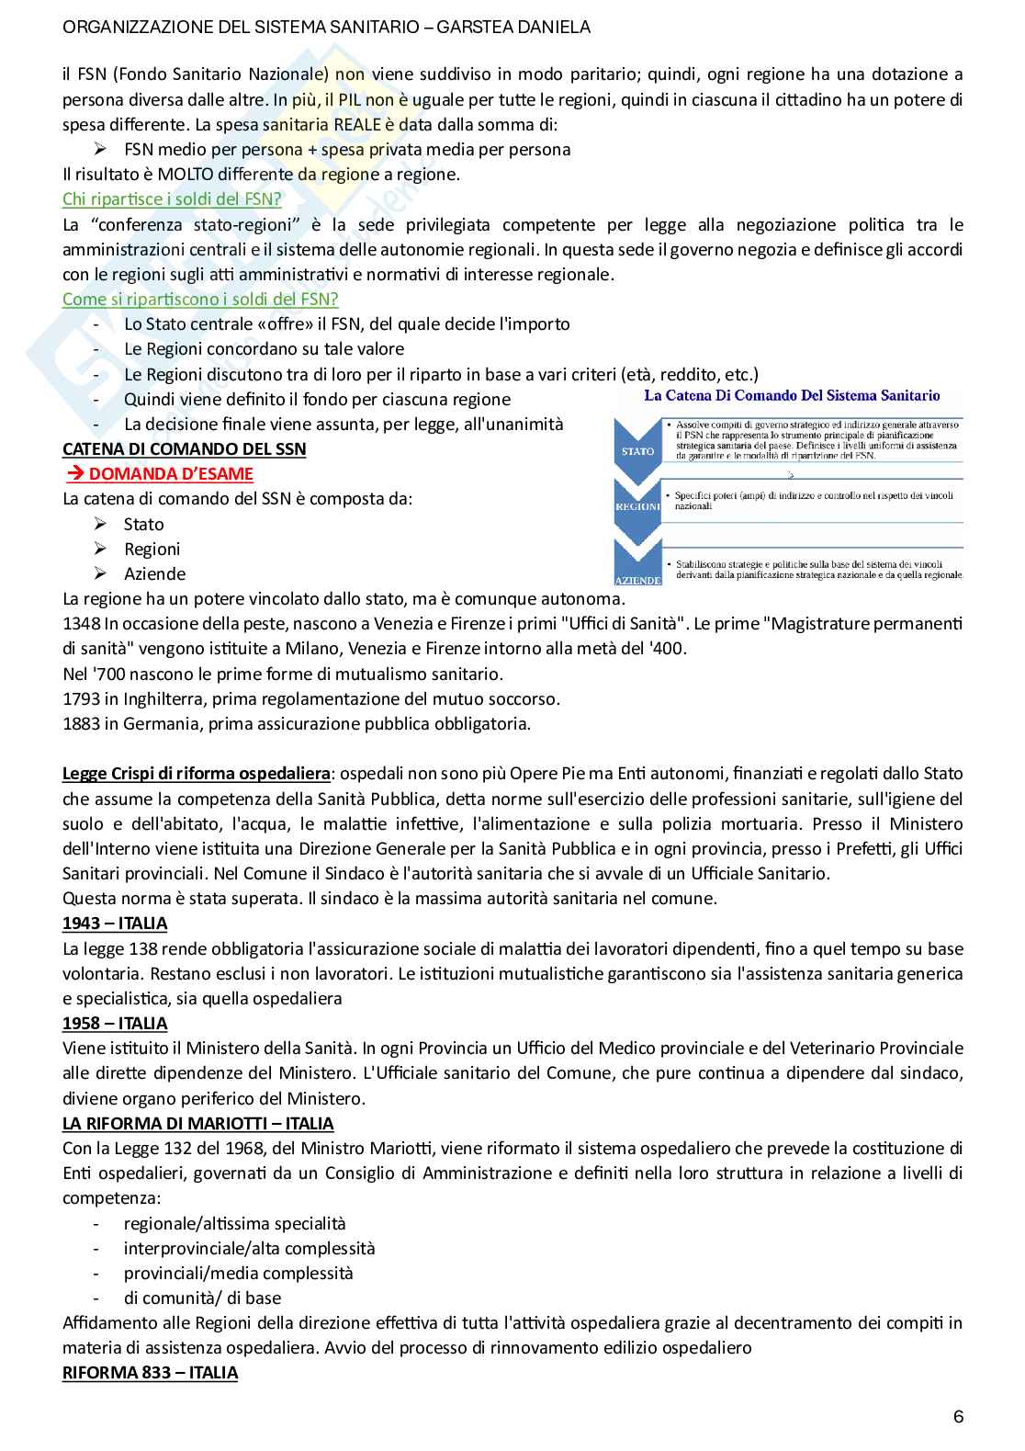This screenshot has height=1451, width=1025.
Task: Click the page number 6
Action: point(958,1416)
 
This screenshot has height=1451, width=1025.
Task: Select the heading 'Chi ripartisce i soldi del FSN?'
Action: point(172,198)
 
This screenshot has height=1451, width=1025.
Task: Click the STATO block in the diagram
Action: point(637,451)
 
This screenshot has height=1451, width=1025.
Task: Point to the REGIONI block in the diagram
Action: point(637,506)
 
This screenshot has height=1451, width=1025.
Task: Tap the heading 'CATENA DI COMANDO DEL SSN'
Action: point(184,449)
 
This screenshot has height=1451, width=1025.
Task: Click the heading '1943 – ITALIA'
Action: point(115,924)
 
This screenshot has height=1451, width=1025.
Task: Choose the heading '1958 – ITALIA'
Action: point(115,1023)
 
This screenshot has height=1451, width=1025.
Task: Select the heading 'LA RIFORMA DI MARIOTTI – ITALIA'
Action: point(197,1123)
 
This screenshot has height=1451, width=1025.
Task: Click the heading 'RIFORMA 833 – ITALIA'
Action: point(150,1373)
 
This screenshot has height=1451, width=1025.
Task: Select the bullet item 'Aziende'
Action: point(154,574)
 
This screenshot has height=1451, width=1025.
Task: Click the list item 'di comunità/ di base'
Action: point(202,1298)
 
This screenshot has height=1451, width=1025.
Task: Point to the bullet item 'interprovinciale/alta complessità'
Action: point(249,1249)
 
